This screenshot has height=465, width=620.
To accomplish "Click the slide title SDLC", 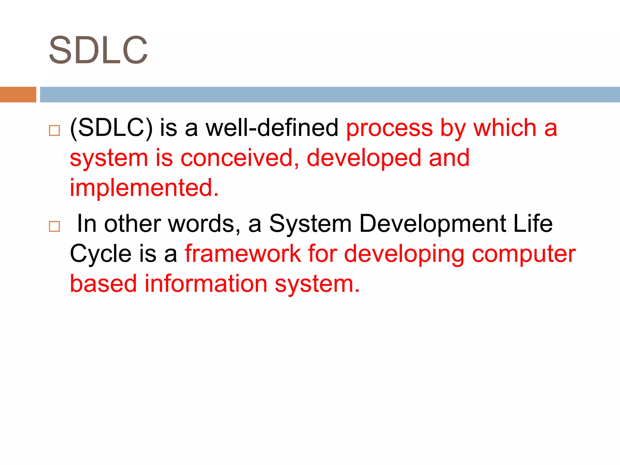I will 98,50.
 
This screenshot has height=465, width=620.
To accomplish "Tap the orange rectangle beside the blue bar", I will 18,94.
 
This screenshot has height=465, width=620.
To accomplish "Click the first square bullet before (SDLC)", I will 54,130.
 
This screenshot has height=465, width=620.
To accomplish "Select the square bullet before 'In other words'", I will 54,226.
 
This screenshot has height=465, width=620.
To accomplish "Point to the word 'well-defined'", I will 272,128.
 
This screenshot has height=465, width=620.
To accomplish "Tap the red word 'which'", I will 505,128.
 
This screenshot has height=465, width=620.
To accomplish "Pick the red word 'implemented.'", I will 144,188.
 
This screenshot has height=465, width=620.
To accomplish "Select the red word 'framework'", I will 243,254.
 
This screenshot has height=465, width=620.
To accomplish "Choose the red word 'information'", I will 206,284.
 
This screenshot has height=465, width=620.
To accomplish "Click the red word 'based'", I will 103,284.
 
